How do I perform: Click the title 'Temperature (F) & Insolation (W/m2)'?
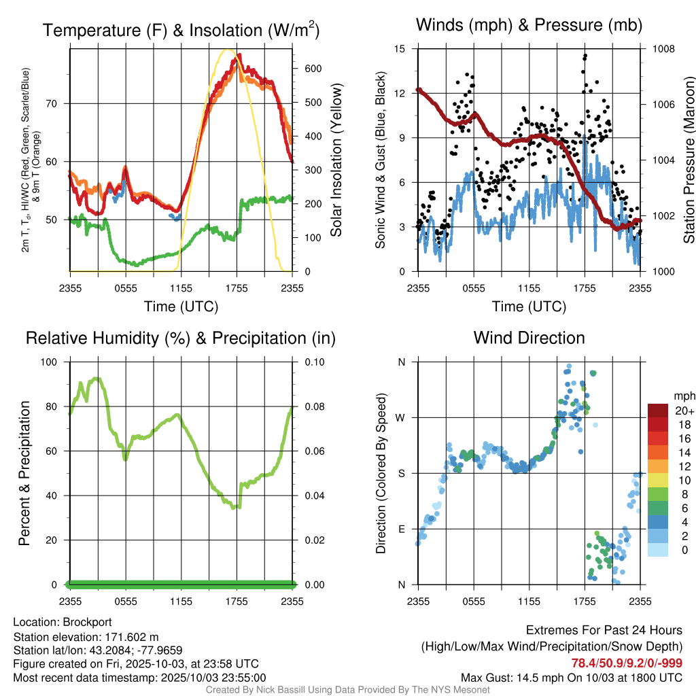point(181,30)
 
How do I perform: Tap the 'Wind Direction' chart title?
point(529,338)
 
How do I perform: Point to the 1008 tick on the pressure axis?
point(662,49)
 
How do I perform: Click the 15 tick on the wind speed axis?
point(400,49)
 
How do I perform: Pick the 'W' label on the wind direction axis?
point(401,417)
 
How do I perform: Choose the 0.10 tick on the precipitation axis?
point(313,362)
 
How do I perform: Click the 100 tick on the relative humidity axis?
point(51,362)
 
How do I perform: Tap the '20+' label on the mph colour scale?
point(683,411)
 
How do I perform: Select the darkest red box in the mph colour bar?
point(657,411)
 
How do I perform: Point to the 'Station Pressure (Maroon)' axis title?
point(689,160)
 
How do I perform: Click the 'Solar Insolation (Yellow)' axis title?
point(336,160)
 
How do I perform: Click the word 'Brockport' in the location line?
point(87,622)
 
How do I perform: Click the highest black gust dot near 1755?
point(585,56)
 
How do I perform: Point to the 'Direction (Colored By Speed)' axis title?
point(381,473)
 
